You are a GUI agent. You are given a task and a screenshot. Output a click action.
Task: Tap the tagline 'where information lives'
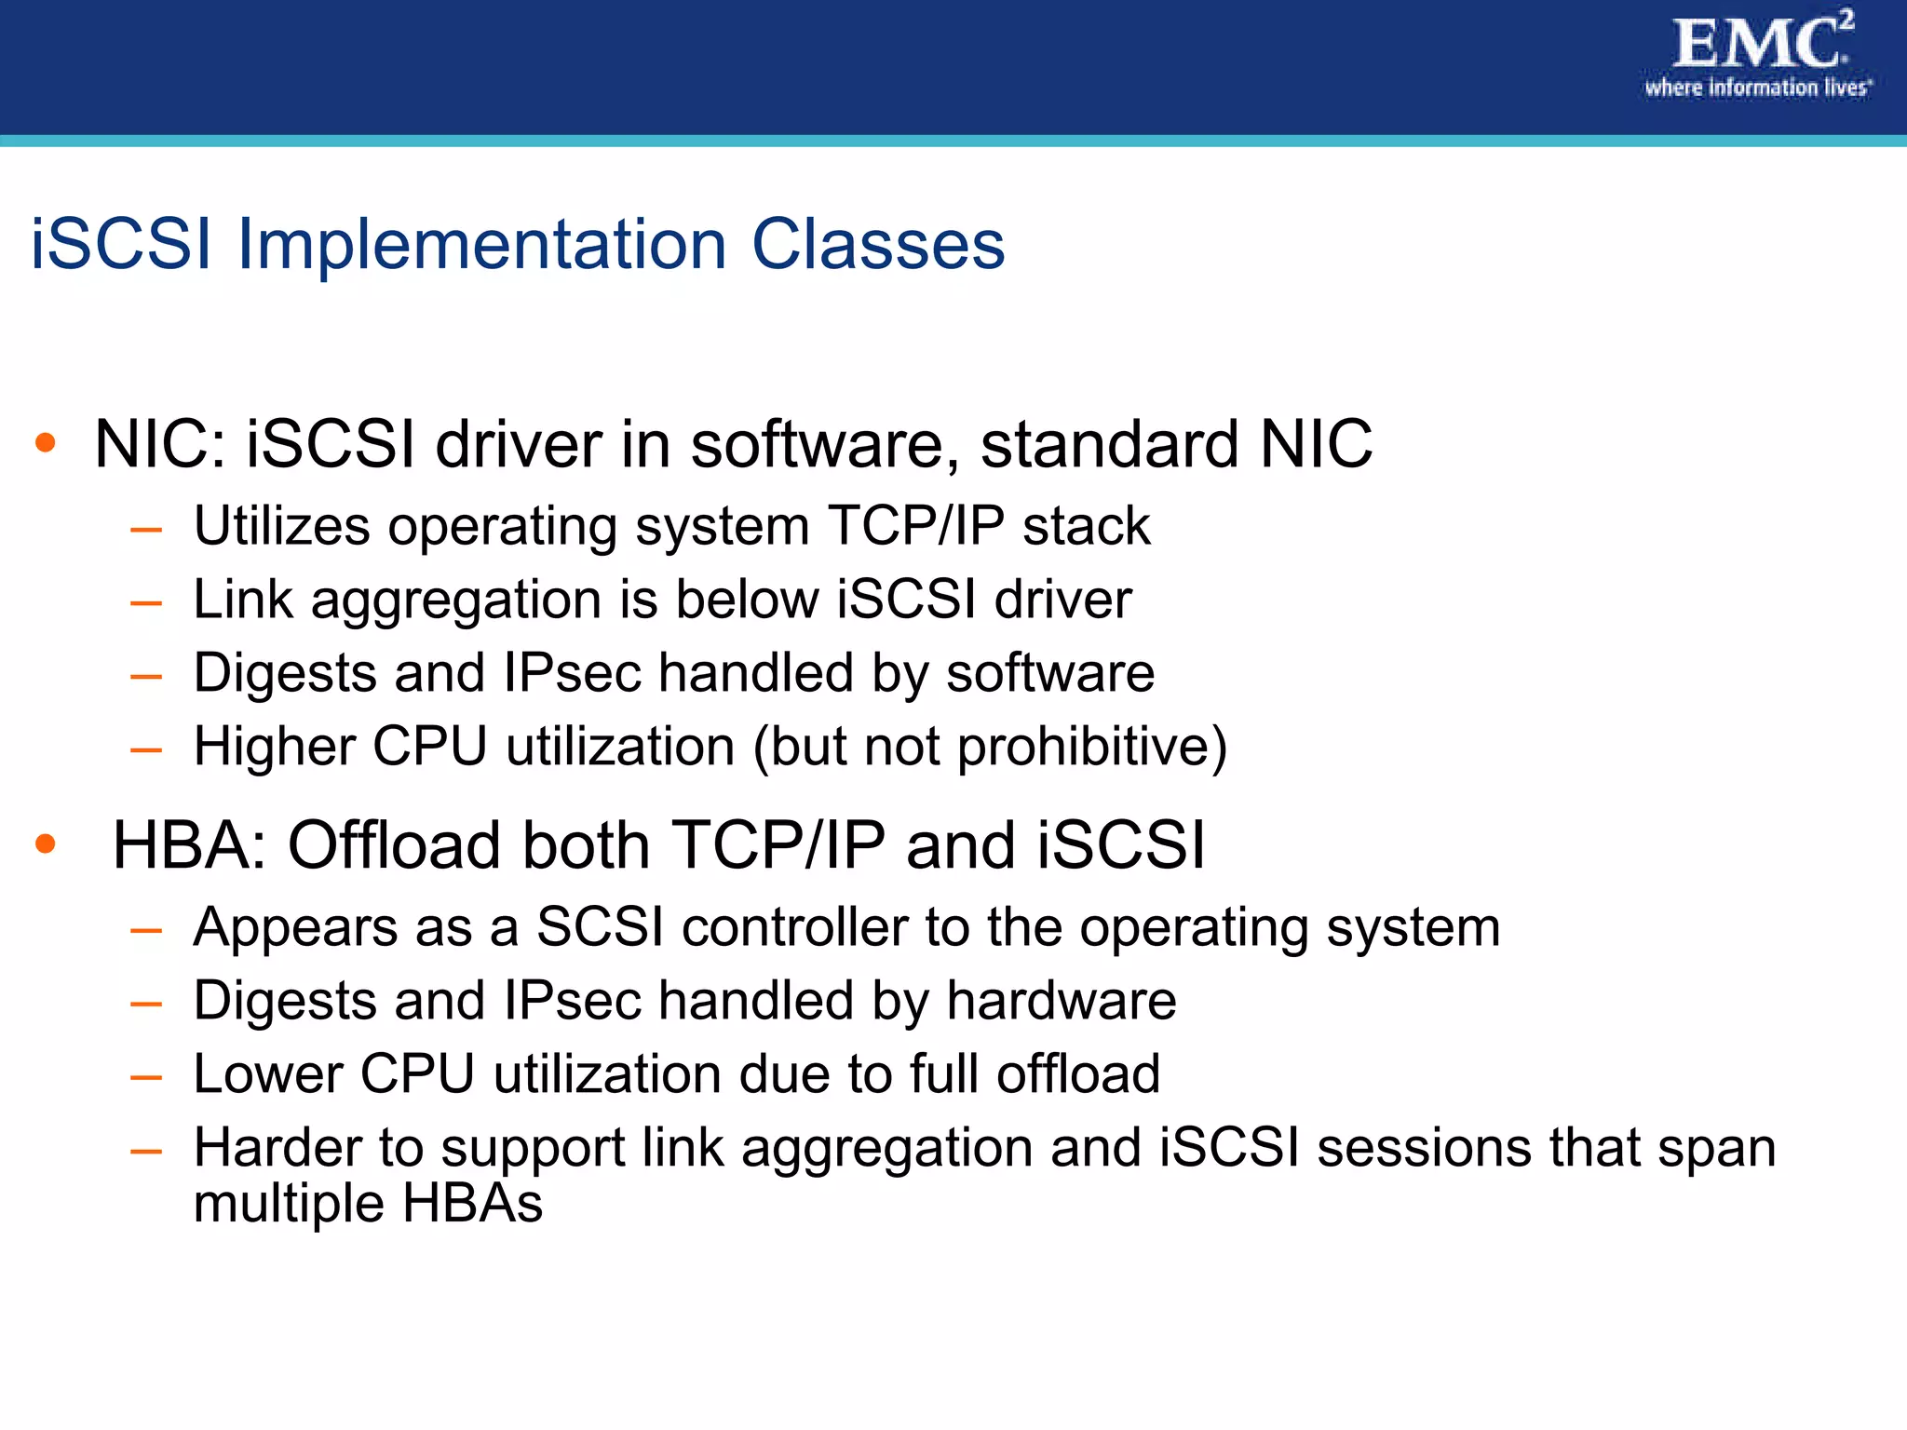pyautogui.click(x=1756, y=88)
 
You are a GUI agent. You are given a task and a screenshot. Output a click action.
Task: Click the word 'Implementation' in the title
pyautogui.click(x=481, y=245)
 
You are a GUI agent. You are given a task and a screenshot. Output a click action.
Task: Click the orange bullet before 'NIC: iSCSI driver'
pyautogui.click(x=45, y=442)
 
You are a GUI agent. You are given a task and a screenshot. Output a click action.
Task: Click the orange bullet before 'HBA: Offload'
pyautogui.click(x=45, y=843)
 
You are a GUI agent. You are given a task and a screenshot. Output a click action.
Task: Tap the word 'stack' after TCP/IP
pyautogui.click(x=1086, y=526)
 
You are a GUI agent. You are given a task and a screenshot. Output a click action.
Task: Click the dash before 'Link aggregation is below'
pyautogui.click(x=146, y=603)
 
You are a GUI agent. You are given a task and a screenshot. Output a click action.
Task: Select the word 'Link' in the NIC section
pyautogui.click(x=243, y=599)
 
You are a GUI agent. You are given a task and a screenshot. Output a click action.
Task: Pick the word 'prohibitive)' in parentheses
pyautogui.click(x=1092, y=747)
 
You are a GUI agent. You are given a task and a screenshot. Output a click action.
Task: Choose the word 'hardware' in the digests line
pyautogui.click(x=1061, y=1001)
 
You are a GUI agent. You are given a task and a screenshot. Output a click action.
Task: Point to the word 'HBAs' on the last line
pyautogui.click(x=472, y=1203)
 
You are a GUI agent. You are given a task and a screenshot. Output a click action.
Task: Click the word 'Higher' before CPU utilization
pyautogui.click(x=275, y=747)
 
